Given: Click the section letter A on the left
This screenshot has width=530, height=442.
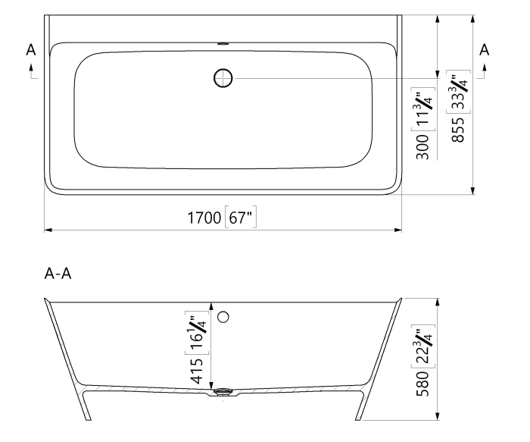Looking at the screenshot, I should click(31, 49).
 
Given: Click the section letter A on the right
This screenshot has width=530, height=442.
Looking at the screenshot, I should click(485, 49).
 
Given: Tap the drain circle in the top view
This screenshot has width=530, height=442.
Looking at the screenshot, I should click(223, 77).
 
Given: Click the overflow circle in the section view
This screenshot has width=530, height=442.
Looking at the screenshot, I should click(223, 316).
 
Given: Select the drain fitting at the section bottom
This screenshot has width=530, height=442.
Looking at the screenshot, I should click(222, 392).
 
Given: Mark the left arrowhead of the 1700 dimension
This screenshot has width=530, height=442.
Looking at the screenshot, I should click(48, 228).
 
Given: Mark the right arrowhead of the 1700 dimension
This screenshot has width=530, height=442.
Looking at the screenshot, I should click(397, 228).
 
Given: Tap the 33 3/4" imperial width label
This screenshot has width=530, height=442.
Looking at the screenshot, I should click(459, 92).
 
